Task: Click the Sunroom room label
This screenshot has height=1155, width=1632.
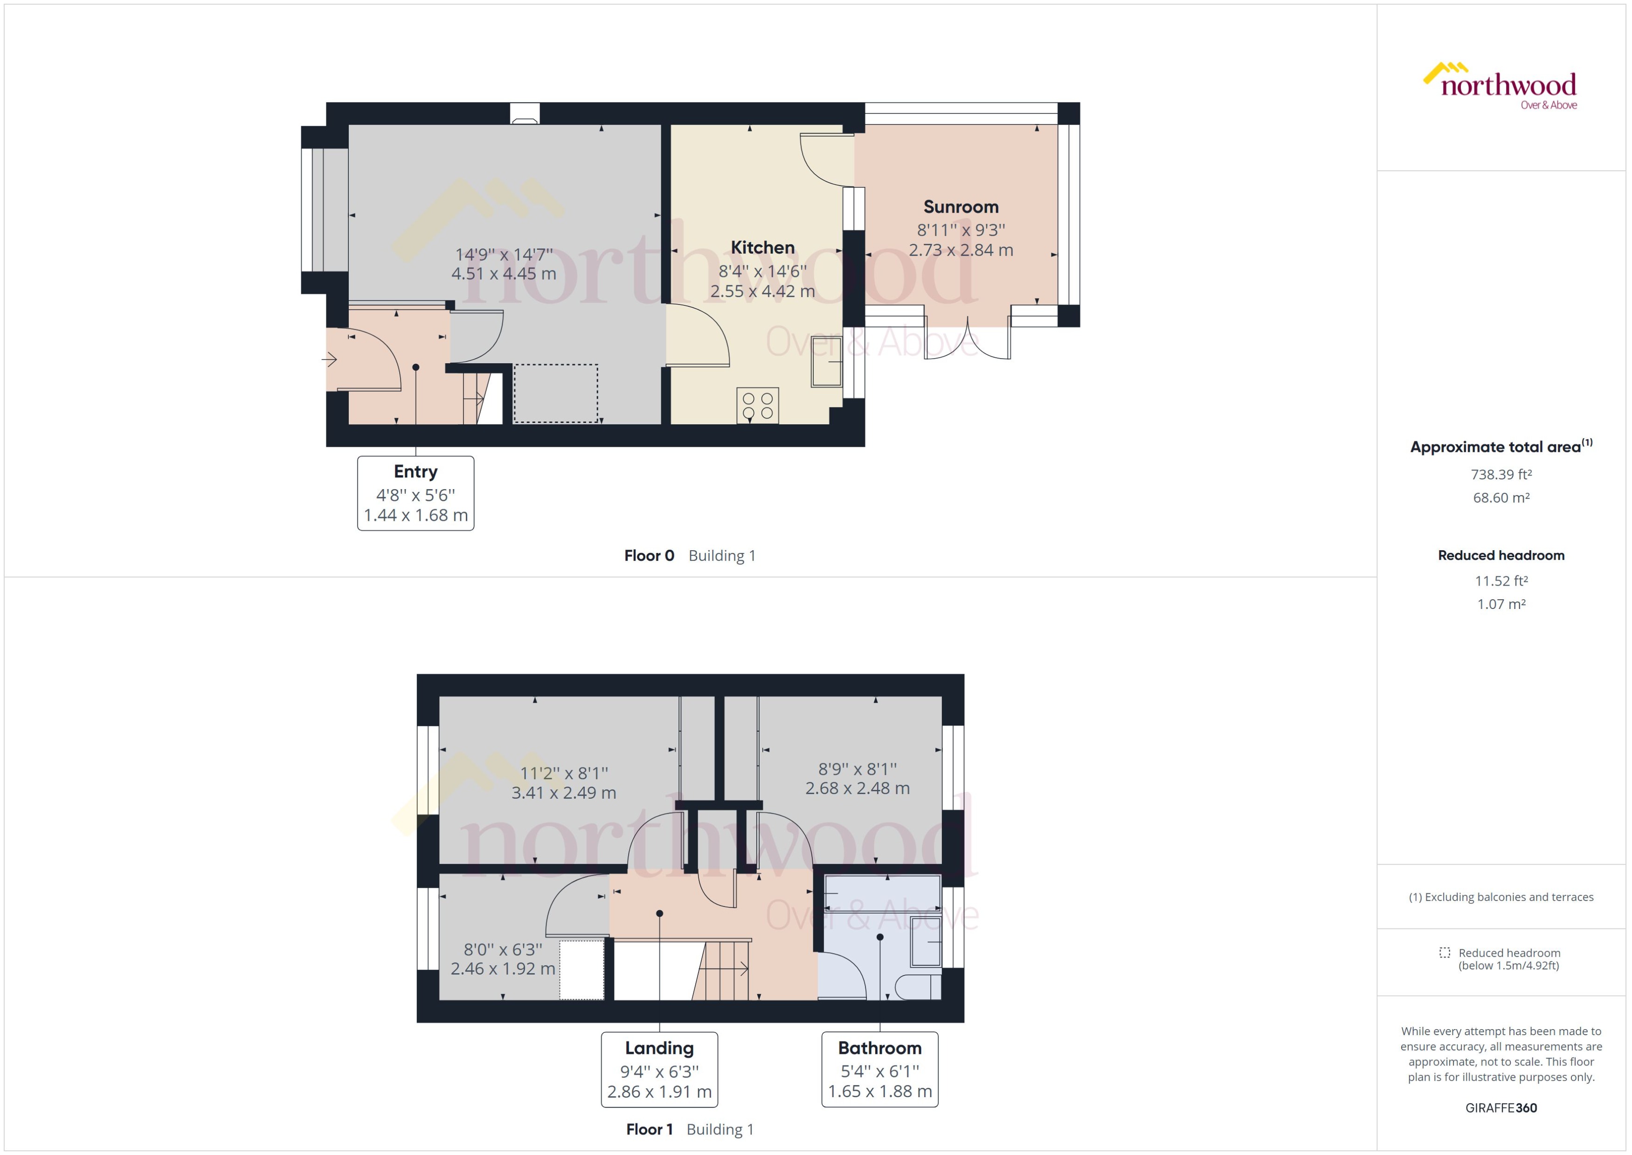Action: click(x=961, y=207)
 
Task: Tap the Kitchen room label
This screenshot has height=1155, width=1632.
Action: click(x=762, y=248)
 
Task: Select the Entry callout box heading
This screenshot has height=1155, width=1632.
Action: click(x=415, y=471)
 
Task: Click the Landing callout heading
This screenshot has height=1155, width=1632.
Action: click(x=659, y=1048)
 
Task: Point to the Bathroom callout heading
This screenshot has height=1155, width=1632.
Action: click(x=879, y=1048)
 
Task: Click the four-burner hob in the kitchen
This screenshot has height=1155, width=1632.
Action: click(x=757, y=405)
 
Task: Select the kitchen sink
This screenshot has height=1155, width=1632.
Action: click(x=826, y=361)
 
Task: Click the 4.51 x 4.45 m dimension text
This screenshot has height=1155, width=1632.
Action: click(x=504, y=274)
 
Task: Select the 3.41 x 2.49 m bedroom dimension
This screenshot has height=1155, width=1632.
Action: click(x=563, y=792)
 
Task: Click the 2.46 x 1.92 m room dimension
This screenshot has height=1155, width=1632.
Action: click(x=503, y=968)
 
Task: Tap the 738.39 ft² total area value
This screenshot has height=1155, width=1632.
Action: click(x=1501, y=474)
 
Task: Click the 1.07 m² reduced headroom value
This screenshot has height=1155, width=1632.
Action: click(x=1501, y=604)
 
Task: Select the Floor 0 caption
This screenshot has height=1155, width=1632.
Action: click(x=649, y=555)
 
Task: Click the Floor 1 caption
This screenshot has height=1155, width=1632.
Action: click(x=649, y=1129)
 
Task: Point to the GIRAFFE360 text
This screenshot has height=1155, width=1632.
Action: click(x=1501, y=1108)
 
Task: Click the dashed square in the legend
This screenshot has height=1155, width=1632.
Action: click(x=1444, y=952)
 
